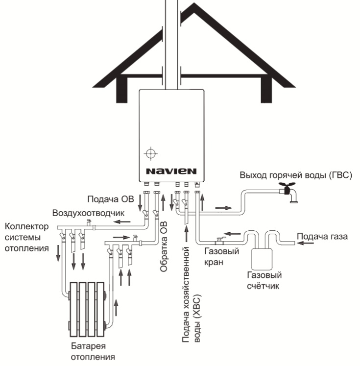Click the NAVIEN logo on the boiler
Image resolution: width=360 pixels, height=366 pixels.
click(x=170, y=171)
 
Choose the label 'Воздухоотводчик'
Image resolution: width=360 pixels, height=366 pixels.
click(x=88, y=213)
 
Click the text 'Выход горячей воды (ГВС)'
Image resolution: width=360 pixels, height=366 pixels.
click(x=295, y=175)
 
